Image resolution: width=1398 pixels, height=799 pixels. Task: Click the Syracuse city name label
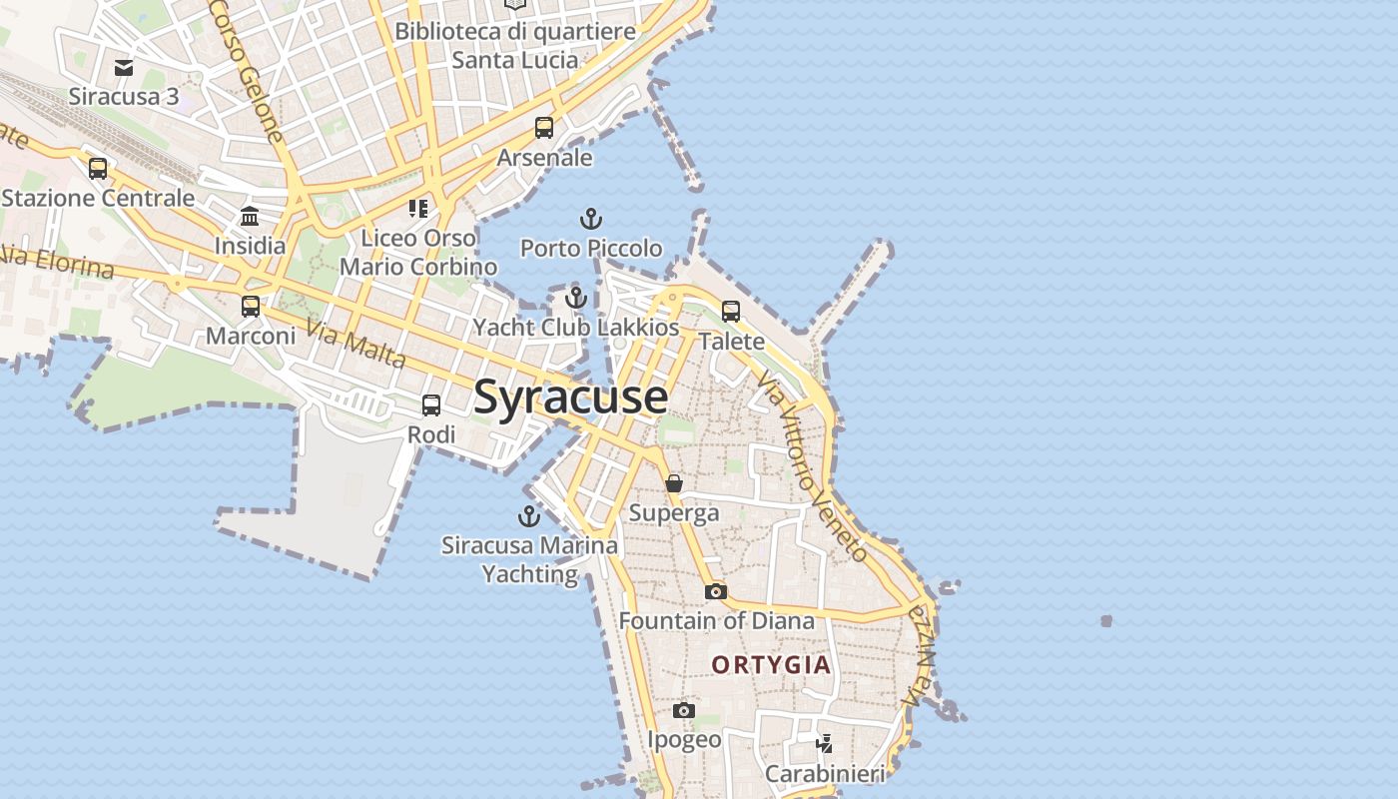pos(570,397)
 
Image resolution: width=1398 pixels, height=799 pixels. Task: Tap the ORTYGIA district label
pos(771,664)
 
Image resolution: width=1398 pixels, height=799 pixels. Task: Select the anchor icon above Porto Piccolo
pos(591,219)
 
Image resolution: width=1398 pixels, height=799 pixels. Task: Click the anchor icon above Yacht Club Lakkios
pos(575,298)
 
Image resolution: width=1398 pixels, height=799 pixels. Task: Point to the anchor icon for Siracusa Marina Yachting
pos(528,516)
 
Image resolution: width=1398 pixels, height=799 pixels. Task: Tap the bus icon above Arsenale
pos(544,128)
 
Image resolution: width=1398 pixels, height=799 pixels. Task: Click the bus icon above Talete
pos(731,312)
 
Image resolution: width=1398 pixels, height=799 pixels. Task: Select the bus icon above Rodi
pos(431,405)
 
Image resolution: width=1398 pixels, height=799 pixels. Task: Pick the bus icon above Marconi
pos(251,307)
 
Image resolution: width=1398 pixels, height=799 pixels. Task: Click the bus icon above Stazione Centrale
pos(98,169)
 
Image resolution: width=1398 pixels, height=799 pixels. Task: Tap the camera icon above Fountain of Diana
pos(715,591)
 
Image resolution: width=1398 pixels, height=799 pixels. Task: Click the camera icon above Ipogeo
pos(683,710)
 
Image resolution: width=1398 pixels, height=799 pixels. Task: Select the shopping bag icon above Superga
pos(674,483)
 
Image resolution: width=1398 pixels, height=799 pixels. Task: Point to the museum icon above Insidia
pos(250,217)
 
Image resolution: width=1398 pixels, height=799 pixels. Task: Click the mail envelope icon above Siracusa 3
pos(124,68)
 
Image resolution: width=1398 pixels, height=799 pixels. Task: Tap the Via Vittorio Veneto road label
pos(811,466)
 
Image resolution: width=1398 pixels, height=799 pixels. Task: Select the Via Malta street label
pos(356,344)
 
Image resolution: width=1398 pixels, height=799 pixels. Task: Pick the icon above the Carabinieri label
pos(825,744)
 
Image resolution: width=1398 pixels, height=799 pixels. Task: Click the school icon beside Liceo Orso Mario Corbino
pos(418,209)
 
